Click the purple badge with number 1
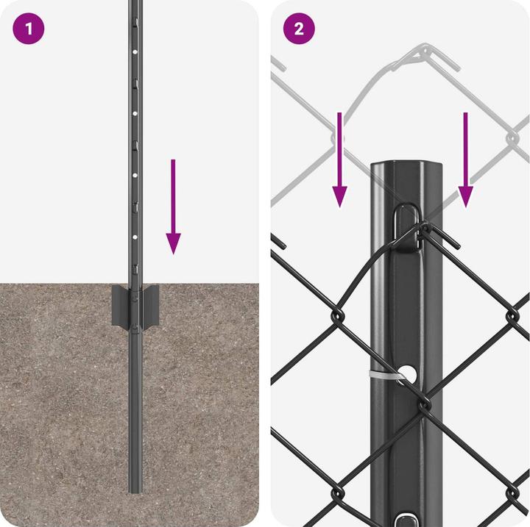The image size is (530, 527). coord(29,29)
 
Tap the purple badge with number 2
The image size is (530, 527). coord(299,29)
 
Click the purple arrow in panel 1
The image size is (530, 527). coord(174,207)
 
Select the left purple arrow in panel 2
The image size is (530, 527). coord(339,159)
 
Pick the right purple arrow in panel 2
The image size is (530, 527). coord(465,159)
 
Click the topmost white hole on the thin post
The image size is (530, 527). coord(135,52)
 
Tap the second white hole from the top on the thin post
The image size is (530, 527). coord(135,114)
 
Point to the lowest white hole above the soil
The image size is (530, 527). coord(135,237)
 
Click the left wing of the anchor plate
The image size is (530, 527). coord(120,306)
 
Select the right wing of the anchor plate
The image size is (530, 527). coord(151,306)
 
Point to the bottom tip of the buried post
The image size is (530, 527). coord(135,492)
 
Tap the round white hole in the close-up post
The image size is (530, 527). coord(409,374)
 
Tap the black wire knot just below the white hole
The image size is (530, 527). coord(424,403)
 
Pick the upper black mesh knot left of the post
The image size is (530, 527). coord(337,315)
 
